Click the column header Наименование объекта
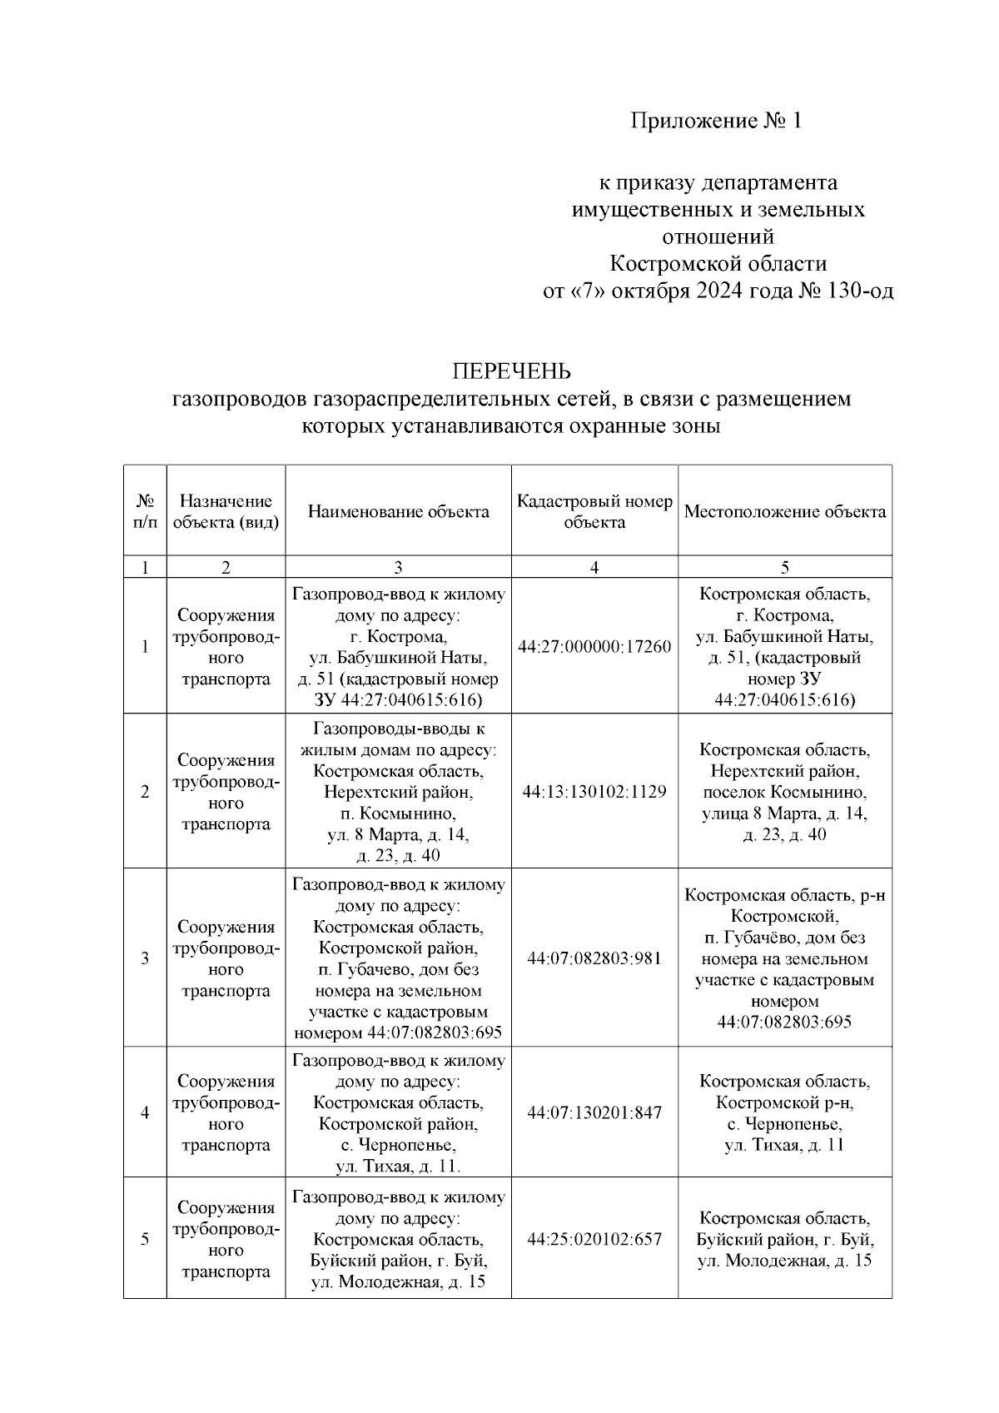pyautogui.click(x=398, y=512)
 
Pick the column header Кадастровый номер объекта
pyautogui.click(x=594, y=512)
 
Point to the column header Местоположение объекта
pyautogui.click(x=785, y=512)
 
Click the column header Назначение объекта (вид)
pyautogui.click(x=226, y=512)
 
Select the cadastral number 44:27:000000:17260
pyautogui.click(x=594, y=647)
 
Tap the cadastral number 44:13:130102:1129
pyautogui.click(x=594, y=792)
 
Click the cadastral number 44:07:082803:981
pyautogui.click(x=594, y=958)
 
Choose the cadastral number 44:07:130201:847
pyautogui.click(x=594, y=1113)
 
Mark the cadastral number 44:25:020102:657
pyautogui.click(x=594, y=1239)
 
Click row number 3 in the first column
pyautogui.click(x=145, y=958)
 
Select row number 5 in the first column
pyautogui.click(x=145, y=1239)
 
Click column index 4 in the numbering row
pyautogui.click(x=594, y=568)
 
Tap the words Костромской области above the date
pyautogui.click(x=718, y=264)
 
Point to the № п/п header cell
pyautogui.click(x=145, y=512)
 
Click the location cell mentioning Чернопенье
pyautogui.click(x=785, y=1113)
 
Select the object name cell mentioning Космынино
pyautogui.click(x=398, y=792)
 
